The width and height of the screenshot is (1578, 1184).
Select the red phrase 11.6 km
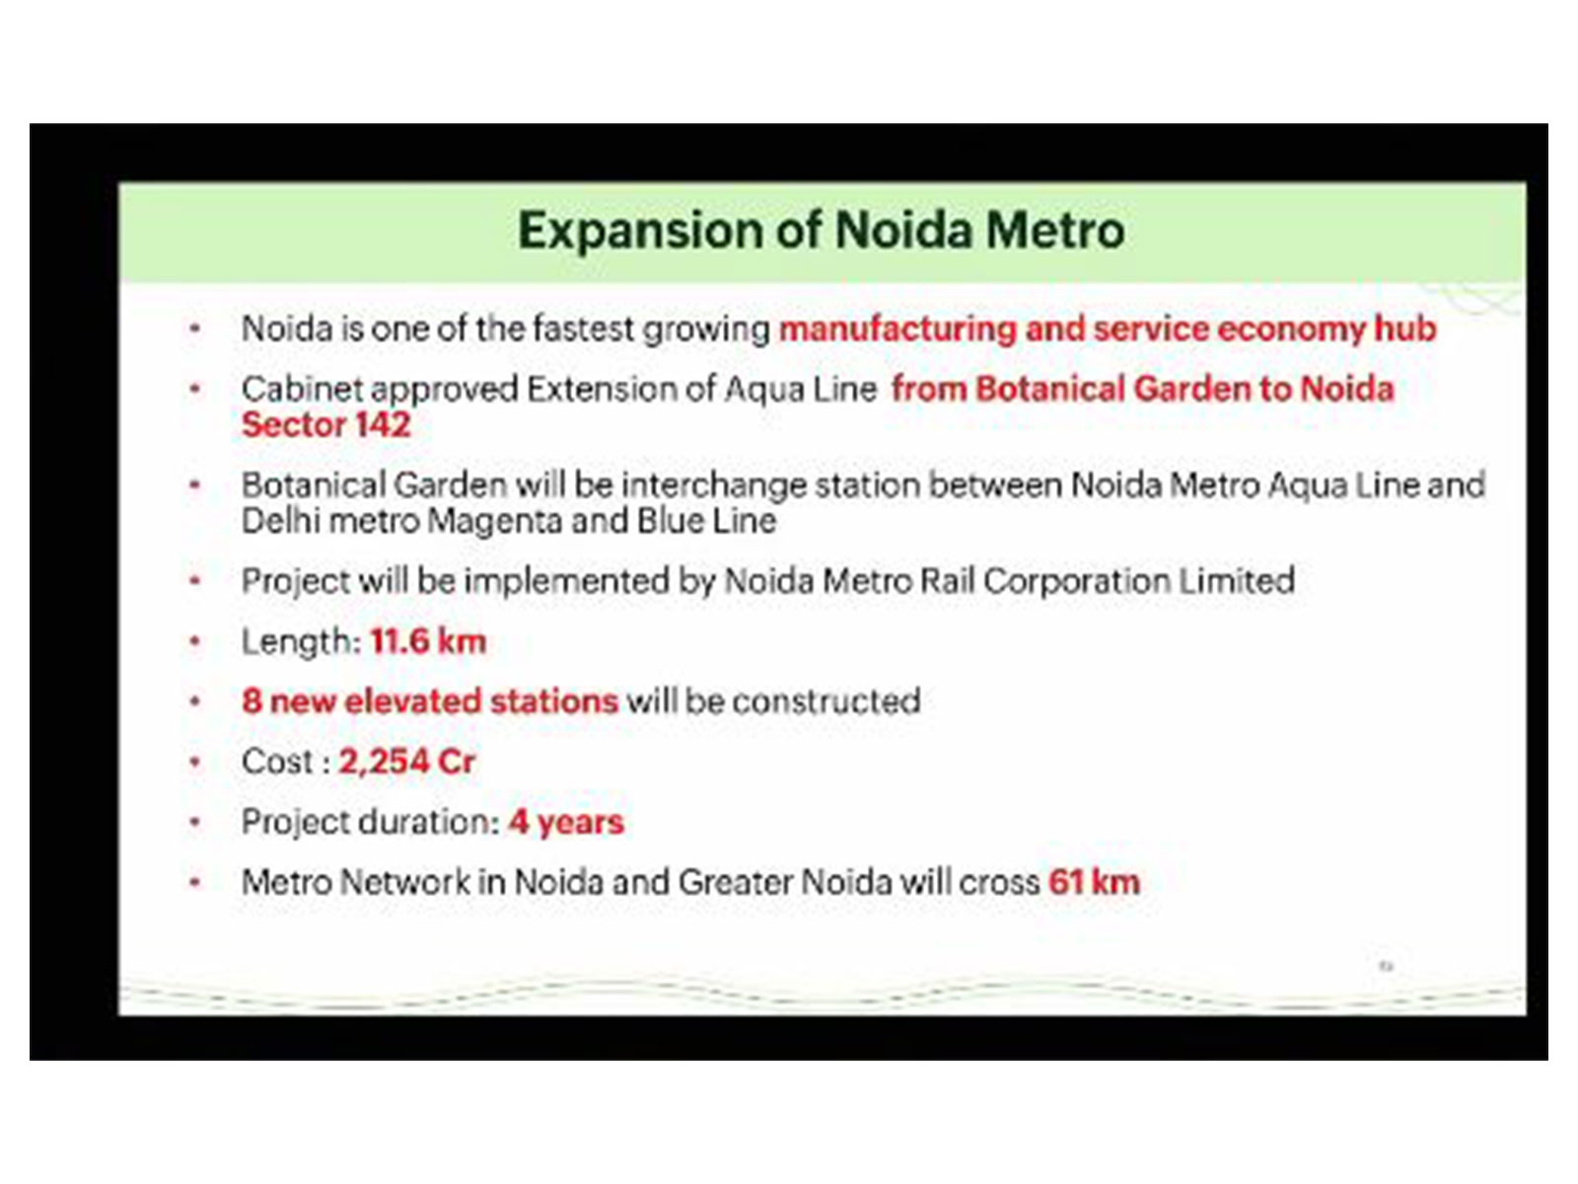tap(428, 642)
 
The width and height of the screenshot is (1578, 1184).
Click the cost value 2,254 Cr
tap(406, 762)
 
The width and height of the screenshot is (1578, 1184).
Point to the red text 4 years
tap(566, 822)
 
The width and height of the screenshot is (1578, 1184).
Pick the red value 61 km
tap(1094, 882)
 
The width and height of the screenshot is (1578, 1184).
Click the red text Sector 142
tap(325, 425)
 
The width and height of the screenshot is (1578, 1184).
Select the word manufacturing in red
tap(897, 329)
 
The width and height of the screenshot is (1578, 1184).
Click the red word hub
tap(1405, 329)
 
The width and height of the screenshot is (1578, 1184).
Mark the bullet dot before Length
tap(195, 642)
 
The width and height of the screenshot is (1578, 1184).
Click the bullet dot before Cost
tap(195, 762)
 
